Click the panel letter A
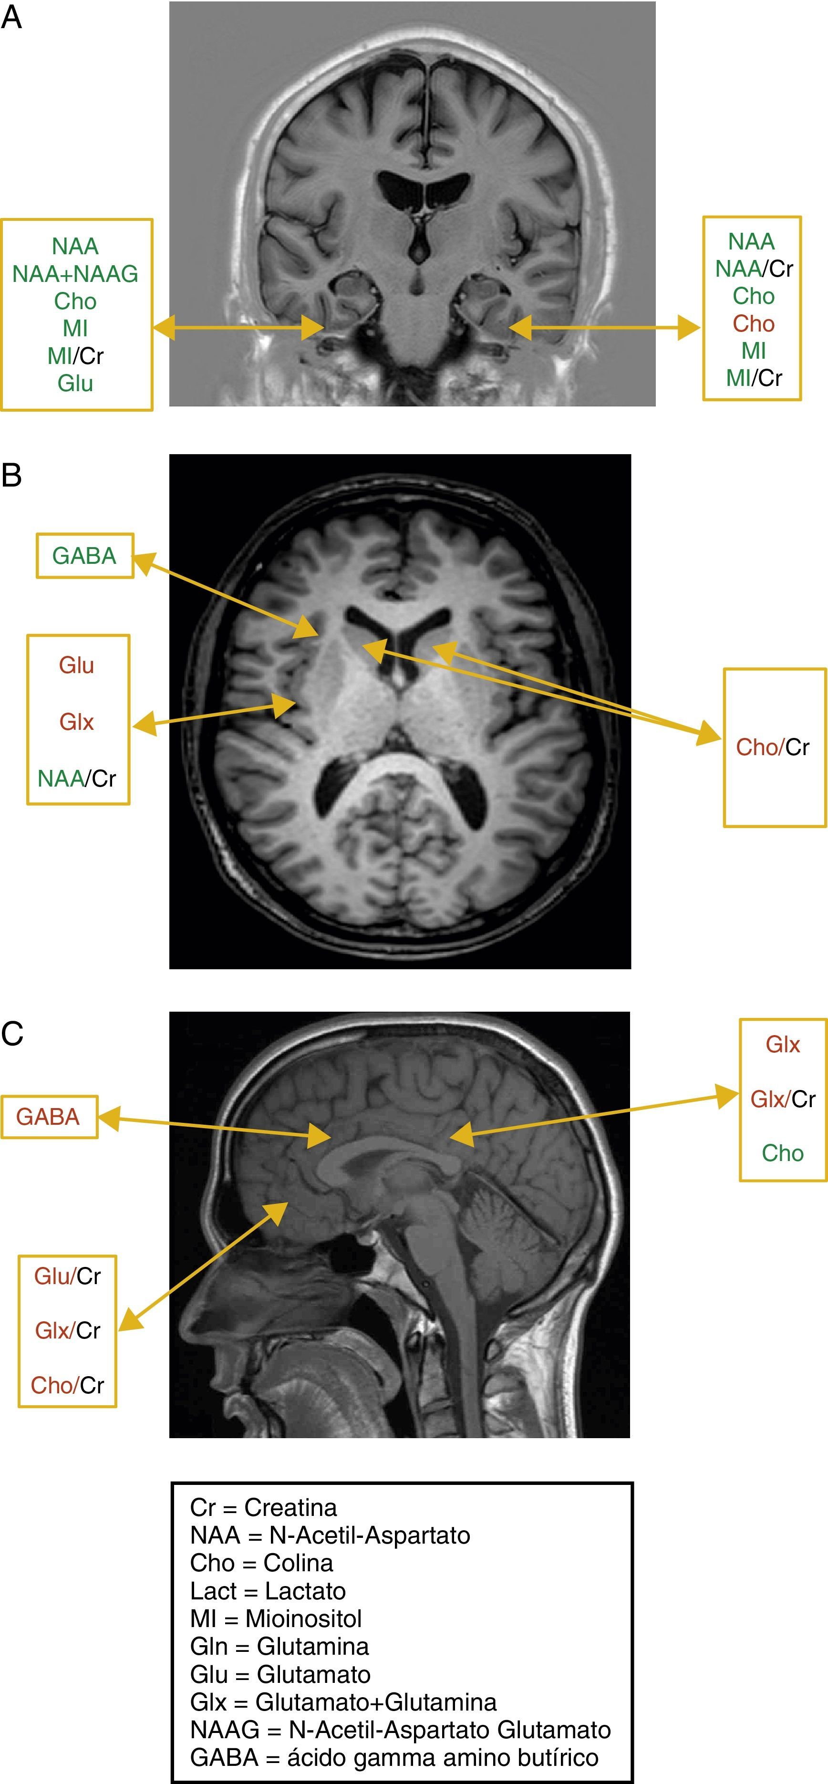tap(12, 17)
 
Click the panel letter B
tap(12, 475)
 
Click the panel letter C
tap(12, 1033)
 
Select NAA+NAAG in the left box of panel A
tap(75, 273)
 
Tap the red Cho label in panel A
tap(753, 323)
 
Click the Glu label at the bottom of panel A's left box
tap(75, 383)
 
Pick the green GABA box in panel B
tap(84, 555)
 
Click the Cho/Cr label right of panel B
tap(773, 747)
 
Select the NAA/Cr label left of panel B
tap(77, 778)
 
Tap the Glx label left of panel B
tap(76, 722)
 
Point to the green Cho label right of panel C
tap(782, 1153)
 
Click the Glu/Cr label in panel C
tap(67, 1276)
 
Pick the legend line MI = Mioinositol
tap(276, 1618)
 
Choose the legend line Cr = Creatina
tap(263, 1507)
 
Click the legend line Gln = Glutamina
tap(279, 1646)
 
